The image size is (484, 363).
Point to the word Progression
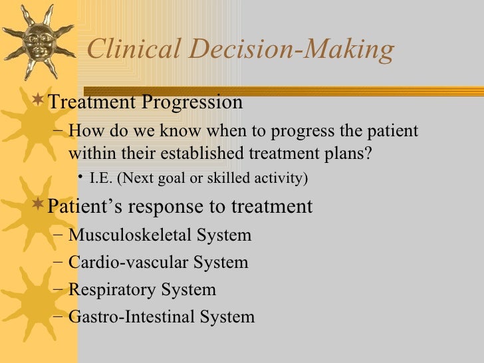point(192,104)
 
